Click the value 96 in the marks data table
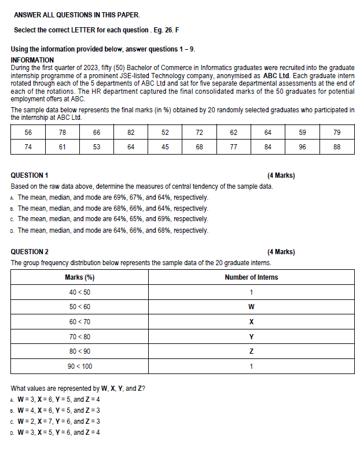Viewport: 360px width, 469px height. [x=302, y=147]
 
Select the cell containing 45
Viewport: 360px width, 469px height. [x=165, y=147]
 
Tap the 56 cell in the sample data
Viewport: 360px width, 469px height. [x=28, y=133]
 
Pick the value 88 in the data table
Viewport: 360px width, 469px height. [x=337, y=147]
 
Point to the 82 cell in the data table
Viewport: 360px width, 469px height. [x=131, y=133]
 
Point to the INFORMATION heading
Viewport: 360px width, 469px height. [x=32, y=60]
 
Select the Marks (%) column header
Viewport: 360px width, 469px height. [x=80, y=277]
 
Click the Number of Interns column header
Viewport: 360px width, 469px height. [x=251, y=277]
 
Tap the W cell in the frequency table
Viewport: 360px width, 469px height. [x=251, y=306]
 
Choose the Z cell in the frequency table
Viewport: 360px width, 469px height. [x=251, y=351]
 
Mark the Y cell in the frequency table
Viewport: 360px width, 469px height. [x=251, y=336]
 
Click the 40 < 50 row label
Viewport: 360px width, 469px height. [x=80, y=292]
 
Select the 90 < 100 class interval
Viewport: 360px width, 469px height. [x=80, y=367]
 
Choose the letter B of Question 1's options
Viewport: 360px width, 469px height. [x=13, y=208]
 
